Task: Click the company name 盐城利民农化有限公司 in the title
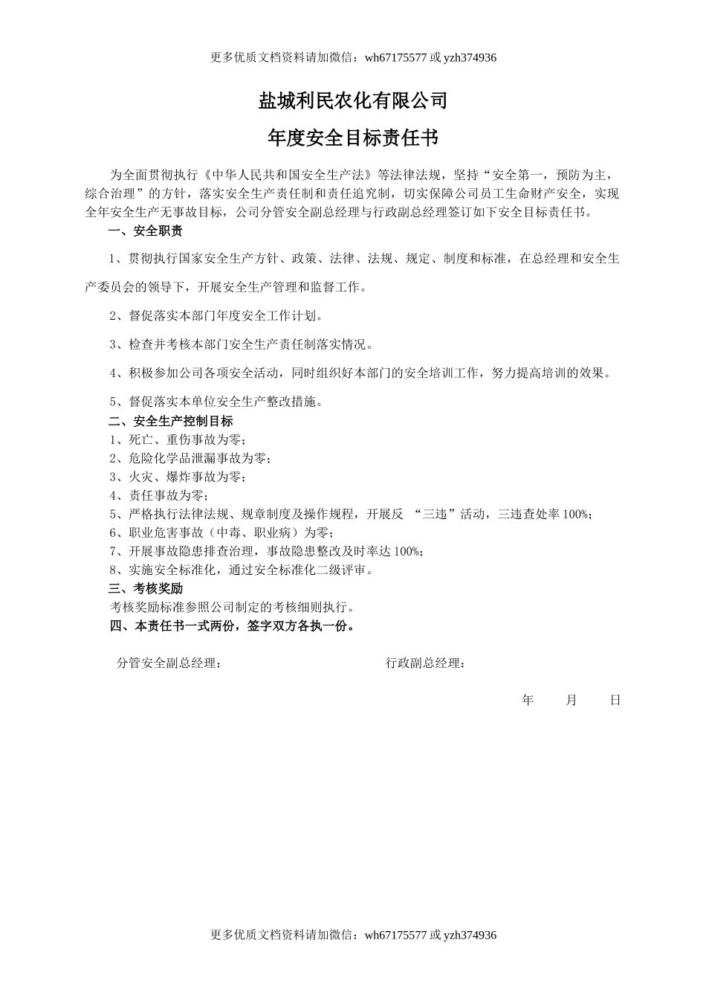[x=353, y=100]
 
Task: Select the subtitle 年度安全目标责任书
[x=353, y=138]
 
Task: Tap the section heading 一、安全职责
[x=145, y=231]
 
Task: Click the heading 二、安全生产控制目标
[x=170, y=421]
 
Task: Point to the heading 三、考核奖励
[x=145, y=588]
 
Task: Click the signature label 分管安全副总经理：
[x=169, y=663]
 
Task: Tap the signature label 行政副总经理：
[x=426, y=663]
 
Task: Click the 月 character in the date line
[x=571, y=700]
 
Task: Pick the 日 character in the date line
[x=615, y=700]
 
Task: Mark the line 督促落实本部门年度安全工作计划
[x=216, y=316]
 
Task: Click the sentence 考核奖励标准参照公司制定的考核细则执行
[x=233, y=607]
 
